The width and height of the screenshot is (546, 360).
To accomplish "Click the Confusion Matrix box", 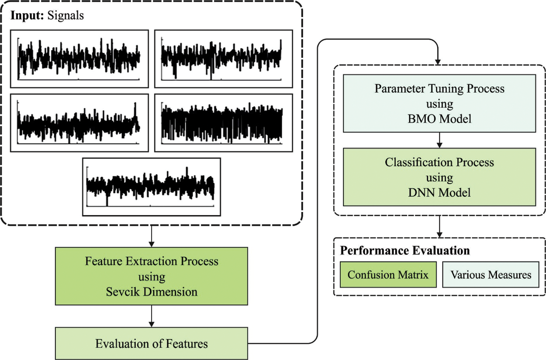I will [388, 275].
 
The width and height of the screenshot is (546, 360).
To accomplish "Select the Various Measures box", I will [491, 275].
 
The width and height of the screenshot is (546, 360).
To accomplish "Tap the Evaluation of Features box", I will [152, 343].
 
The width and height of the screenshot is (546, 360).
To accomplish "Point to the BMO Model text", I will [439, 118].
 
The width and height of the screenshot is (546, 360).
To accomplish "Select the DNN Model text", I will [439, 192].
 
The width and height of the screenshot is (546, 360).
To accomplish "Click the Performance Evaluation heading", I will [405, 251].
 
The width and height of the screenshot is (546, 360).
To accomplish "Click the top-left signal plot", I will [79, 59].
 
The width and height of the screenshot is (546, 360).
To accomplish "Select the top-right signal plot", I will [223, 59].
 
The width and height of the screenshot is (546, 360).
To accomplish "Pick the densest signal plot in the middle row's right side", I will [223, 123].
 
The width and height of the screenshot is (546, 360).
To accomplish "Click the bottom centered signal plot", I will [152, 187].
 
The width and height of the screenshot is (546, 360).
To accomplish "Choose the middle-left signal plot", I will [79, 123].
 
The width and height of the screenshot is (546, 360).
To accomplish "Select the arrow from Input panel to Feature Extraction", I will [152, 236].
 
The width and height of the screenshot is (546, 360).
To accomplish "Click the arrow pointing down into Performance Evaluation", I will [439, 226].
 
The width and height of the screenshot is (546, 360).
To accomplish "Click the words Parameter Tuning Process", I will [439, 89].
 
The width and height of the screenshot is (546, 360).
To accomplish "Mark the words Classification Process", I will [439, 163].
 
